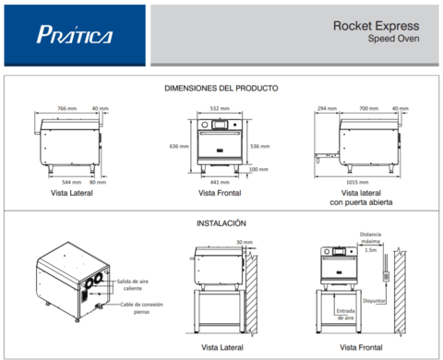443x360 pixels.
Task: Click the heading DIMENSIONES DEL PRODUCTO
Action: coord(221,88)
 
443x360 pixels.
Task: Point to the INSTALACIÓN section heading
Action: coord(221,223)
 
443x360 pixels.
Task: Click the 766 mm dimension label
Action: coord(66,108)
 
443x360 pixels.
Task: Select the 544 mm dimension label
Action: coord(63,182)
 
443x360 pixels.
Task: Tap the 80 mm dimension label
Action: coord(99,182)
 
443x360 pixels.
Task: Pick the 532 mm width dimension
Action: coord(219,108)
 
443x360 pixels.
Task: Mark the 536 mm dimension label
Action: coord(260,146)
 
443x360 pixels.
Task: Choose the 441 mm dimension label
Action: coord(219,182)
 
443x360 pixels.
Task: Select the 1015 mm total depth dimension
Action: coord(369,182)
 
